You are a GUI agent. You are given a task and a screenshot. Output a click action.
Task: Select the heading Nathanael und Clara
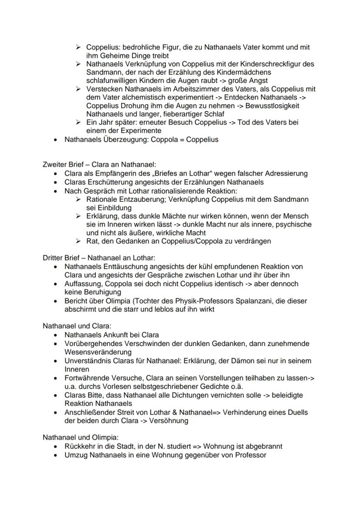[x=71, y=326]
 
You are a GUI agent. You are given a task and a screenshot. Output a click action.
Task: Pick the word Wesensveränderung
[x=92, y=352]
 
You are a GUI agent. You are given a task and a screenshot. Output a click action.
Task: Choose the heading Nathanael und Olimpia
[x=74, y=437]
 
